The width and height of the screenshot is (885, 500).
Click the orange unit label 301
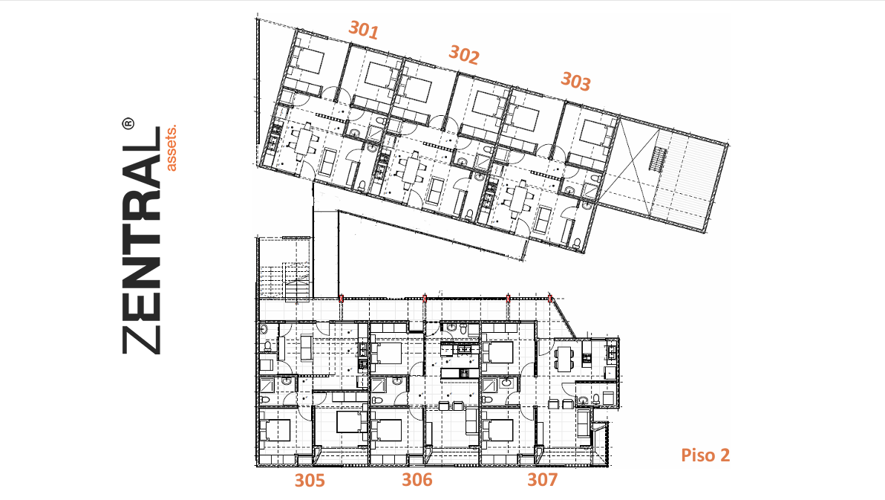(x=363, y=30)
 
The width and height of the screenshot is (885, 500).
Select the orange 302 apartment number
(x=464, y=55)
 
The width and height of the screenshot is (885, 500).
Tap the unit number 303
(x=575, y=82)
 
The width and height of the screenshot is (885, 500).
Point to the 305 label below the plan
(x=310, y=480)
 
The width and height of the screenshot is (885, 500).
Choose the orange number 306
(x=417, y=480)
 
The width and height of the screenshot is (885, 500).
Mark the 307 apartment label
(x=543, y=480)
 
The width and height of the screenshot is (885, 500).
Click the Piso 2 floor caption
(x=705, y=455)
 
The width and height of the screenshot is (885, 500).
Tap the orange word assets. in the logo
(x=171, y=147)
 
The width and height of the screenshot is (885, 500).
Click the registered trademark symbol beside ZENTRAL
(x=128, y=124)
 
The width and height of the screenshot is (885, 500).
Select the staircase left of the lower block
(x=296, y=282)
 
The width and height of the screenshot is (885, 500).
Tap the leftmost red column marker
(x=342, y=299)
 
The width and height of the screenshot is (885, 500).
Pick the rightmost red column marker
(x=550, y=299)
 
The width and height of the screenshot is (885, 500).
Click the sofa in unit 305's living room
(x=306, y=348)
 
